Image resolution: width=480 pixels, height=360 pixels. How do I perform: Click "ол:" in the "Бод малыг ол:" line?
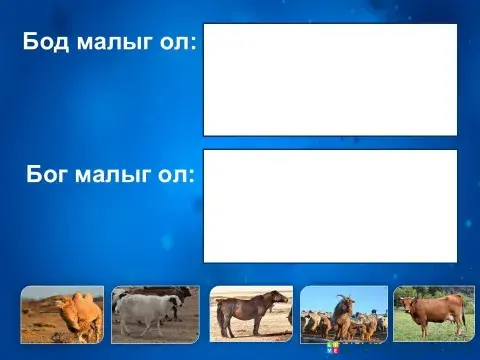178,43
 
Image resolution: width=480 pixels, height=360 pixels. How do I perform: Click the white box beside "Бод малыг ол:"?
330,80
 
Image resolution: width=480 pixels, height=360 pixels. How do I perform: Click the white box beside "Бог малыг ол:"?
330,206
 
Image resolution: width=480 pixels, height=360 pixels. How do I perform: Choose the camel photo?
62,314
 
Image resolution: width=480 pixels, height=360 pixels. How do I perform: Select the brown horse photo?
250,314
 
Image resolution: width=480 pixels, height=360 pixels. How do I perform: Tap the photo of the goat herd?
344,314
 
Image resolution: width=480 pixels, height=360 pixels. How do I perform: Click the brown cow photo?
434,314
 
